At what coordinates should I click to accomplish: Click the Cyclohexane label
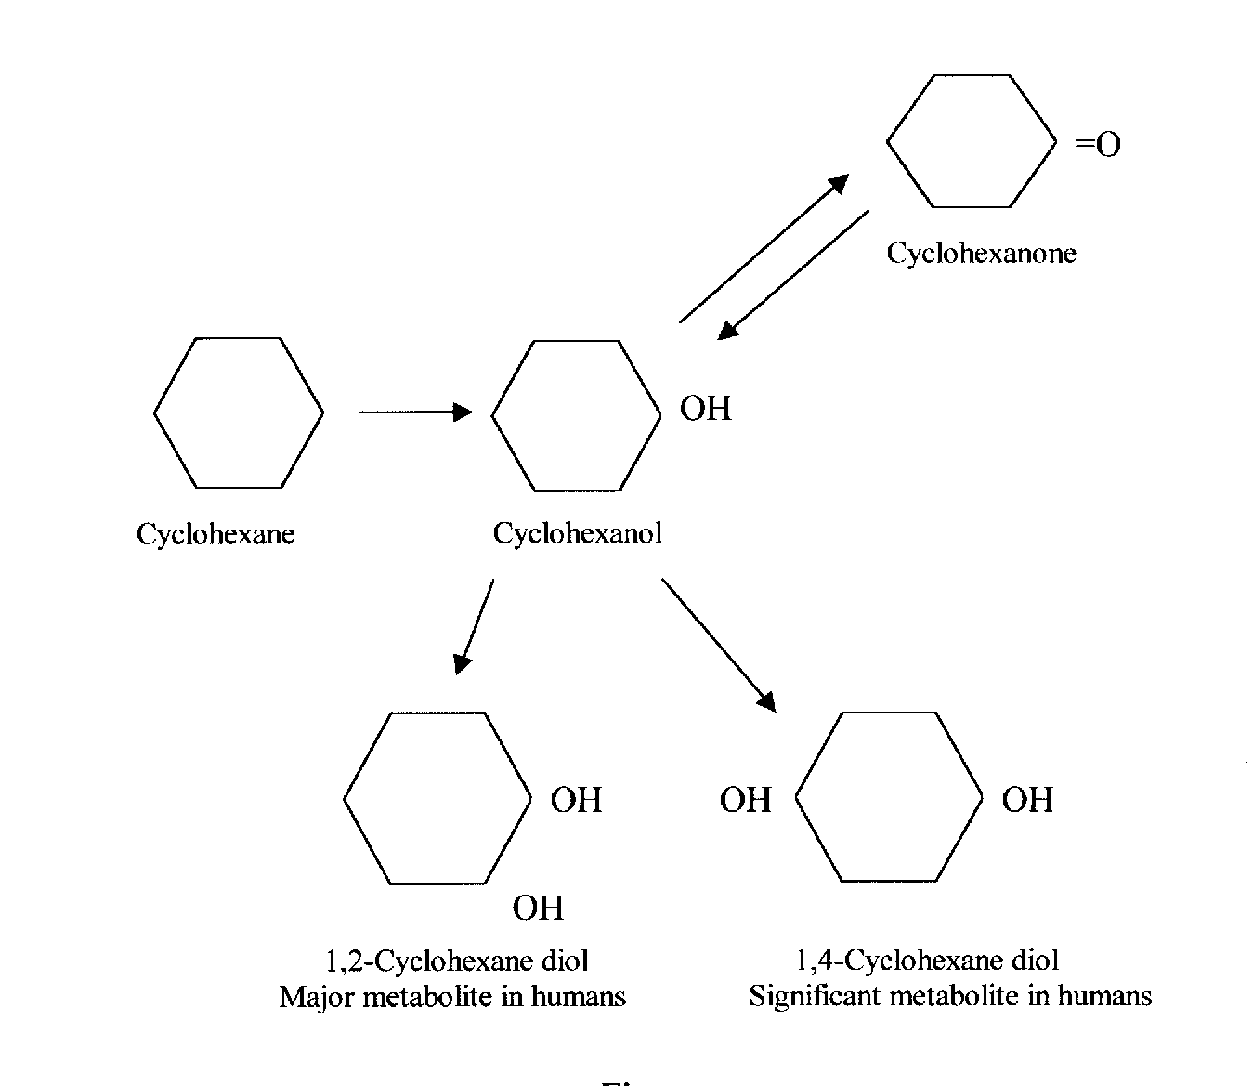coord(215,534)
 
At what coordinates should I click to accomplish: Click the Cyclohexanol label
coord(577,533)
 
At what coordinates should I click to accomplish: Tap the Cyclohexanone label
coord(981,253)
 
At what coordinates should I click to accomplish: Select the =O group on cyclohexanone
coord(1097,145)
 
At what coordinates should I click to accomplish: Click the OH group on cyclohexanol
coord(706,409)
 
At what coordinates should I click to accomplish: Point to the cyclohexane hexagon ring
coord(239,412)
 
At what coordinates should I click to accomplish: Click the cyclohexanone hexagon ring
coord(971,141)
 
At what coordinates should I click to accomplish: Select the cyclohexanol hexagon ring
coord(576,414)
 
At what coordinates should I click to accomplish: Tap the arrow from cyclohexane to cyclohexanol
coord(415,412)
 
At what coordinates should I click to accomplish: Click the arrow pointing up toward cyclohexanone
coord(764,248)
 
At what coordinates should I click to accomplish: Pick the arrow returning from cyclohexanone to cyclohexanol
coord(794,274)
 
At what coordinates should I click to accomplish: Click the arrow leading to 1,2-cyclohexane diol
coord(474,626)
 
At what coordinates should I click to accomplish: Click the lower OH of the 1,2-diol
coord(538,908)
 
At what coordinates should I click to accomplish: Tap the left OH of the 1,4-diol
coord(745,800)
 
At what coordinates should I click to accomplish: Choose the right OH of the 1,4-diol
coord(1027,800)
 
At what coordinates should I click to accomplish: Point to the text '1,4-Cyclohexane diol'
coord(927,961)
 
